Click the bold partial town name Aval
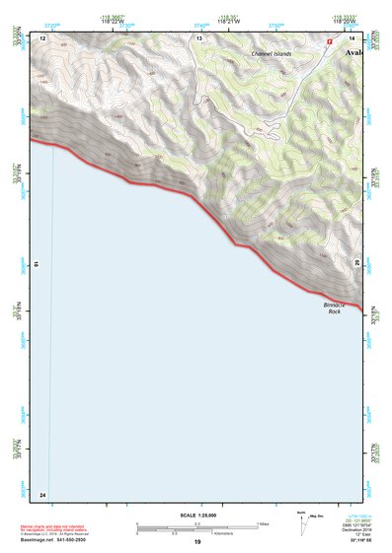(353, 52)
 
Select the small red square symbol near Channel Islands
(329, 41)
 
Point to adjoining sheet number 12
(43, 37)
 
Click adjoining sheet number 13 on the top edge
(198, 37)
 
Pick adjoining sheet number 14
(353, 37)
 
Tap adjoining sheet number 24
(43, 493)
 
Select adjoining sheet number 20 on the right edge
(357, 261)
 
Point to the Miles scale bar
(197, 524)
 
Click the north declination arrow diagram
(302, 523)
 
